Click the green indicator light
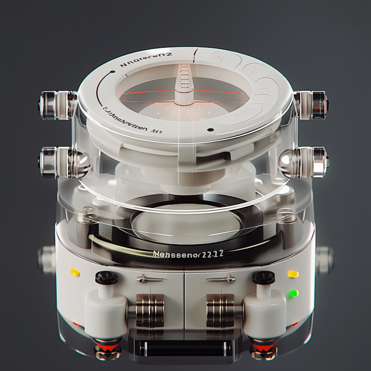pos(293,293)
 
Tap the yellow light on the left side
pos(75,272)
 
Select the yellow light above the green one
pos(293,274)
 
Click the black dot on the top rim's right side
pos(210,130)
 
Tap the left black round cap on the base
pos(107,277)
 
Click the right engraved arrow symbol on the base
pos(221,279)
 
